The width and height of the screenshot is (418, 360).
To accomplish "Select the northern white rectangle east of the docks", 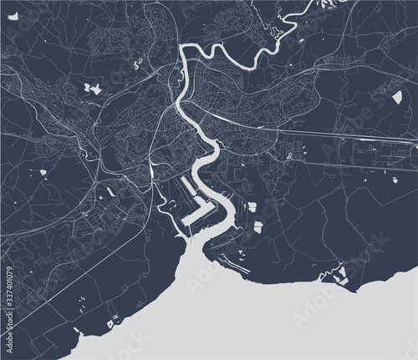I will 257,205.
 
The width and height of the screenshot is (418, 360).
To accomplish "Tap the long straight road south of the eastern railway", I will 351,159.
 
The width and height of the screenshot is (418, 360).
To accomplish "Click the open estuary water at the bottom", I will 209,309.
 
